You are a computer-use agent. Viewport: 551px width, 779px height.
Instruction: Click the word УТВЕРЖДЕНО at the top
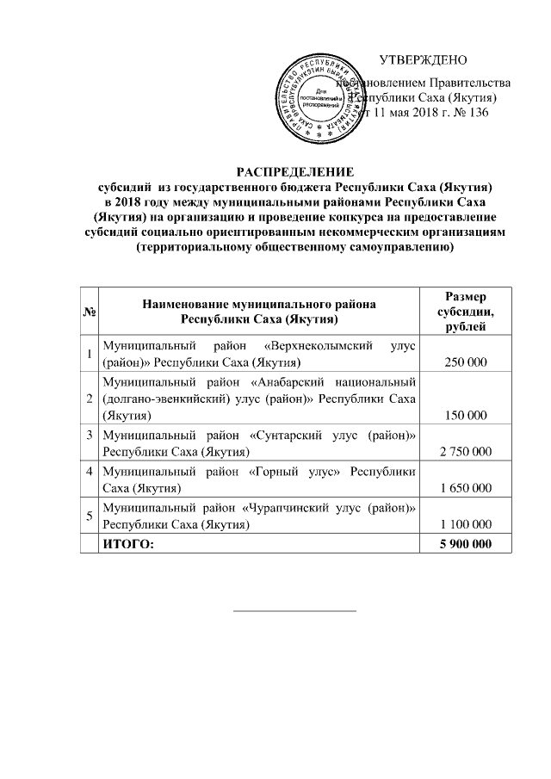pyautogui.click(x=423, y=60)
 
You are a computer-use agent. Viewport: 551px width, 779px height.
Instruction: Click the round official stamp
pyautogui.click(x=324, y=97)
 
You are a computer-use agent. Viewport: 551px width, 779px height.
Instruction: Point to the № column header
pyautogui.click(x=89, y=311)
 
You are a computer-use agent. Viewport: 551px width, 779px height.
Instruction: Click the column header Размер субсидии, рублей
pyautogui.click(x=465, y=311)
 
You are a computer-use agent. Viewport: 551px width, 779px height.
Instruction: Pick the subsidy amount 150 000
pyautogui.click(x=465, y=416)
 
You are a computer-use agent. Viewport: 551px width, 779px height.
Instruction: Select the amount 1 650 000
pyautogui.click(x=465, y=488)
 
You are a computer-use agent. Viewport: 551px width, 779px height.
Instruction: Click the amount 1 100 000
pyautogui.click(x=465, y=524)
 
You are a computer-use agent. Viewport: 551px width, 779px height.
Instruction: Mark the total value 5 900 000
pyautogui.click(x=465, y=543)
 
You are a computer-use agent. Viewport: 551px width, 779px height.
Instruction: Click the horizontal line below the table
pyautogui.click(x=295, y=610)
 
